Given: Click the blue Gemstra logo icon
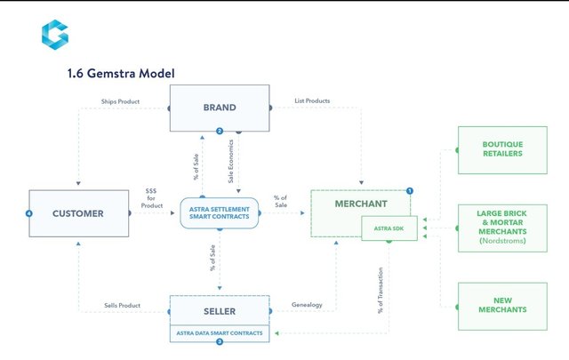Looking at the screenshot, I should coord(54,34).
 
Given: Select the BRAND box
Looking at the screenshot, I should coord(219,108).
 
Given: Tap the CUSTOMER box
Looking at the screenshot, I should coord(78,213).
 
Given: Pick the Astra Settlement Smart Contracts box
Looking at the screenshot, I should coord(219,212).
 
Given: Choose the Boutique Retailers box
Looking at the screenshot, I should coord(502,148).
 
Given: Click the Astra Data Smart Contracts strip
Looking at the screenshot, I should coord(219,332).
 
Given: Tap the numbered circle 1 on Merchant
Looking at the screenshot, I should coord(410,190).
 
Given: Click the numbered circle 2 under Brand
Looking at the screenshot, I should coord(219,132).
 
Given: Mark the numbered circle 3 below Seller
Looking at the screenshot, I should coord(219,341).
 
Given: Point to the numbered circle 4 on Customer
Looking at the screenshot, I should coord(29,213).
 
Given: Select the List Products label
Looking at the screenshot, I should coord(312,101).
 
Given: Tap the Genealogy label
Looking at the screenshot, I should coord(307,305).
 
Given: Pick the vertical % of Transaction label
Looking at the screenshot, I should coord(381,292).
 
